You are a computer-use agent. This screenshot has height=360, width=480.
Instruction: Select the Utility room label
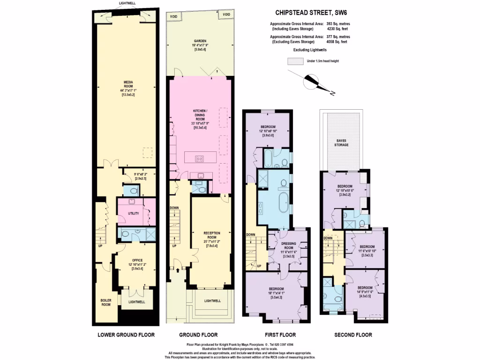(134, 213)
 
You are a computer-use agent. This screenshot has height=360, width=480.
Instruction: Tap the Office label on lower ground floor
(137, 260)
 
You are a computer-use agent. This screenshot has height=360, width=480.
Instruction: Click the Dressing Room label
(288, 246)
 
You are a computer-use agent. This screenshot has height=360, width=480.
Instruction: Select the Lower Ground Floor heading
(126, 335)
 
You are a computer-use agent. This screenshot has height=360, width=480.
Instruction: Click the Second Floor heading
(353, 335)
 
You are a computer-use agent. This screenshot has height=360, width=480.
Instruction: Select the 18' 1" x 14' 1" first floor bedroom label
(276, 292)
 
